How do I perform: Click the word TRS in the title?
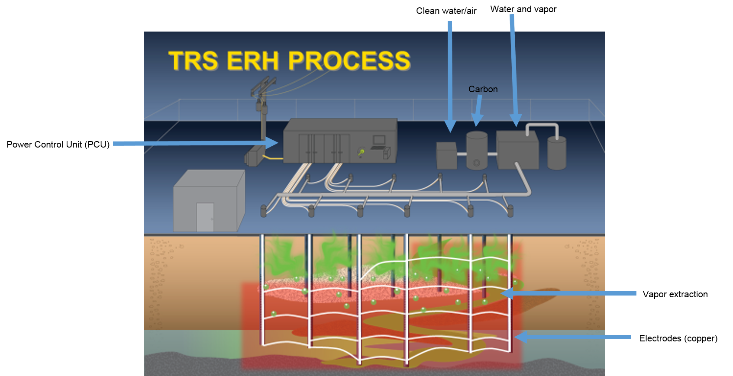tap(193, 61)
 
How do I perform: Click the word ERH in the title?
tap(253, 61)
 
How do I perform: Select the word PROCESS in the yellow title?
tap(349, 61)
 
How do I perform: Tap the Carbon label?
tap(483, 89)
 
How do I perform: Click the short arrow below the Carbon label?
tap(478, 111)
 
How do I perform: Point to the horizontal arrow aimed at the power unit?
tap(195, 143)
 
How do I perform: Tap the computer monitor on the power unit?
tap(379, 140)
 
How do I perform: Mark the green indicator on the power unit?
tap(361, 152)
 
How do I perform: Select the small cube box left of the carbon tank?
tap(446, 156)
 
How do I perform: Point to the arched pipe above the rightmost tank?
tap(542, 126)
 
